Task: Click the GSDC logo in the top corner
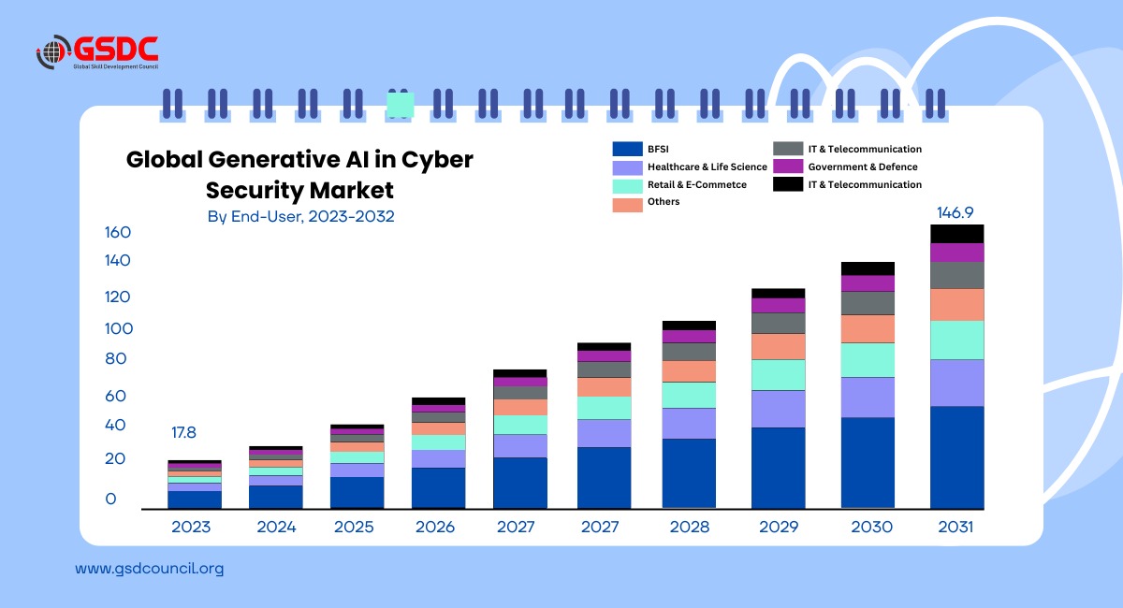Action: click(x=97, y=52)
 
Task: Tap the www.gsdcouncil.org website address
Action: click(x=149, y=568)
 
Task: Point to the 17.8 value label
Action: click(x=185, y=433)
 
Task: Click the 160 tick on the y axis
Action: click(x=118, y=233)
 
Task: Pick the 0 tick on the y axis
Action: click(x=111, y=499)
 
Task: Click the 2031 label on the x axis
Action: click(x=955, y=528)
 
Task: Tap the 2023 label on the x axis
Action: click(x=191, y=528)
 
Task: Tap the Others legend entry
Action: click(x=663, y=202)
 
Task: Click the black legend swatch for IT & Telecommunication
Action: click(x=788, y=185)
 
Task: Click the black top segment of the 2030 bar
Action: click(x=868, y=268)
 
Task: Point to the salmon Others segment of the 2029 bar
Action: click(x=778, y=347)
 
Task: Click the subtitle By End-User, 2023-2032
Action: click(x=300, y=217)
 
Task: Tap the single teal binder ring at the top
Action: click(x=401, y=105)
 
